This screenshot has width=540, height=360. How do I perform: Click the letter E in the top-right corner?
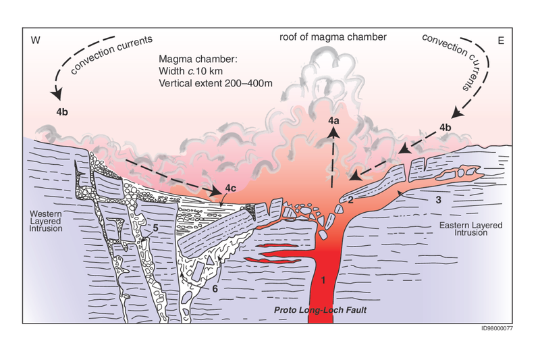click(x=501, y=41)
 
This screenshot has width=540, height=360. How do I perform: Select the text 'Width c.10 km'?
click(x=190, y=71)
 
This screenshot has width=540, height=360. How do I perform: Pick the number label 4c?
click(x=230, y=188)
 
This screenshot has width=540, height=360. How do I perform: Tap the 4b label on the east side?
click(x=446, y=128)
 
